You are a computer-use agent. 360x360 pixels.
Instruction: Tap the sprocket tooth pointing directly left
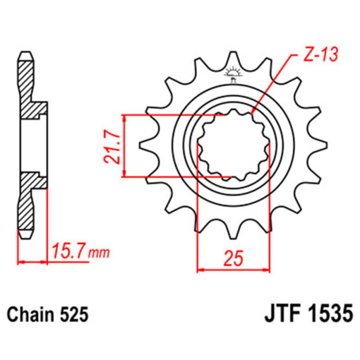145,146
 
